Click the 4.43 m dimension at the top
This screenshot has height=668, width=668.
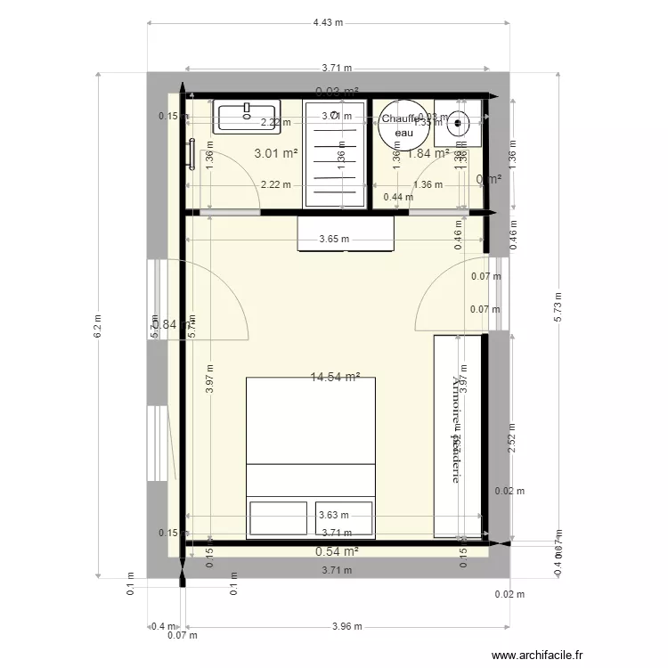click(328, 23)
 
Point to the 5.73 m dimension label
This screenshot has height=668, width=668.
click(558, 307)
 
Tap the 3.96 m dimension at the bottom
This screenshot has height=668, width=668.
click(346, 627)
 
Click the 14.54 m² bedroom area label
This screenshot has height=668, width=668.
click(334, 378)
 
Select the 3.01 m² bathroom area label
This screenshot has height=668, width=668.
click(275, 153)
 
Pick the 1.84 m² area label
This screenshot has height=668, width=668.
click(427, 153)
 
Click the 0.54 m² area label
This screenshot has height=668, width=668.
click(337, 552)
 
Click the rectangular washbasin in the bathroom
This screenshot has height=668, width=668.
click(247, 117)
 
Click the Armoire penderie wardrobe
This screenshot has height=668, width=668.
click(457, 436)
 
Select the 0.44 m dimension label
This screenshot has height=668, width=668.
click(391, 198)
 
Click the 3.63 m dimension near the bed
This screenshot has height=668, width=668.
click(333, 514)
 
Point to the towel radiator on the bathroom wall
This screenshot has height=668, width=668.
click(191, 152)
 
